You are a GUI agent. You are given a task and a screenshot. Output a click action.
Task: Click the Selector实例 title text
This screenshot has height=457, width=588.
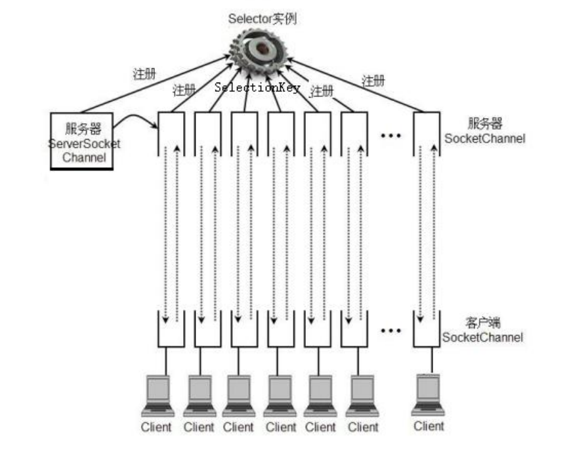(262, 18)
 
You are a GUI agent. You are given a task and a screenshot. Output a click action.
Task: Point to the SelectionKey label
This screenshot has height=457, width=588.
(257, 87)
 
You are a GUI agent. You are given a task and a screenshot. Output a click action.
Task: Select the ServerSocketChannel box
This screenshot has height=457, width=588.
(82, 140)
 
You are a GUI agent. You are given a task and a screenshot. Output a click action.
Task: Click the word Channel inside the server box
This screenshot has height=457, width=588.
(83, 158)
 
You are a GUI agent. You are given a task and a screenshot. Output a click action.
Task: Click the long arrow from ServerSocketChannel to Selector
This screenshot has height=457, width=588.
(154, 85)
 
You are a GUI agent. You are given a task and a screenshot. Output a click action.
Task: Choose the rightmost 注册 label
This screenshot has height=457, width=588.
(374, 81)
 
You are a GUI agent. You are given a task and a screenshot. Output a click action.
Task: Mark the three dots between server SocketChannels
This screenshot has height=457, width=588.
(390, 135)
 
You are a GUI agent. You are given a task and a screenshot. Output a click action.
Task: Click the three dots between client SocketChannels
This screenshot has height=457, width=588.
(390, 330)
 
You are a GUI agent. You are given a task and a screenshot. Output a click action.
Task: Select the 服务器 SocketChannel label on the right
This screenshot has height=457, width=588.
(484, 131)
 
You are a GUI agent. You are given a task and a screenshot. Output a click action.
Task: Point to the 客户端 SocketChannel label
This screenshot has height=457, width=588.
(483, 330)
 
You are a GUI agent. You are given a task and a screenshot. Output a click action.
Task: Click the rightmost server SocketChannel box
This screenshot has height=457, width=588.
(427, 134)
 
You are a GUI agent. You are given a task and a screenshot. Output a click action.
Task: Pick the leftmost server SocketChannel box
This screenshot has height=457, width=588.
(171, 134)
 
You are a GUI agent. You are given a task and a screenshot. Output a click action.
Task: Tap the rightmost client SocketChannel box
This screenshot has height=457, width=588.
(427, 329)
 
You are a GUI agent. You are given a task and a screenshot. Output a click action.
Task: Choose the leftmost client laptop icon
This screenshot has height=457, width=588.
(157, 396)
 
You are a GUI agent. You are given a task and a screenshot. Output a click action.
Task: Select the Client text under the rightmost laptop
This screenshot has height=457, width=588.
(429, 426)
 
